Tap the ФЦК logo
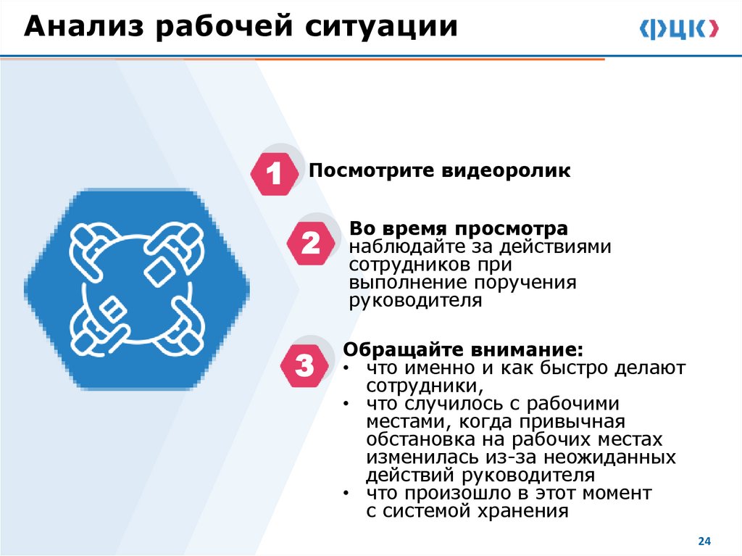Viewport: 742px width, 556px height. click(679, 29)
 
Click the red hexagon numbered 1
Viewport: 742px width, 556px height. click(274, 175)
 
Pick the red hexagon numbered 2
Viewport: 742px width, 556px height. click(310, 244)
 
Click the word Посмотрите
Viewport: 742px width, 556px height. click(369, 171)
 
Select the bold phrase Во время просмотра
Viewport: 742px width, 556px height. click(459, 228)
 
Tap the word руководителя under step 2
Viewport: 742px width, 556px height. click(415, 301)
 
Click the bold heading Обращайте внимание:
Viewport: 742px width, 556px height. click(462, 349)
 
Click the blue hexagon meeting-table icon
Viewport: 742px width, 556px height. click(136, 289)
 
